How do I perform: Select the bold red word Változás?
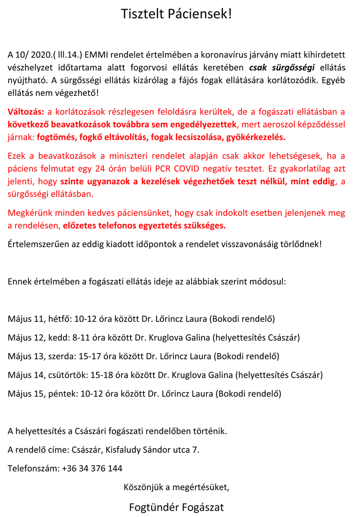[x=25, y=112]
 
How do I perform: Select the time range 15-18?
[x=95, y=375]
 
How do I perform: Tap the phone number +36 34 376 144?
[x=92, y=469]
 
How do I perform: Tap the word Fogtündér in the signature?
[x=151, y=507]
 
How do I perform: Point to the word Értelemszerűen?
[x=37, y=244]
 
